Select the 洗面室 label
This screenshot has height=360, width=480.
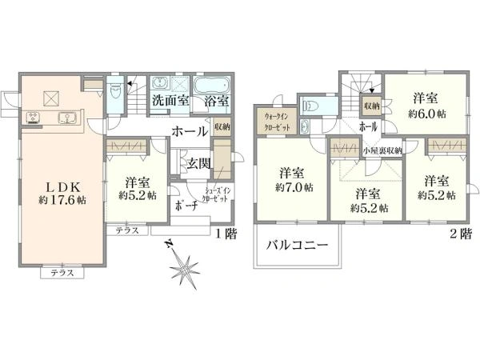(170, 102)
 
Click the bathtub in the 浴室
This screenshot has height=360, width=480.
(212, 84)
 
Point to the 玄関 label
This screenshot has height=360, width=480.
(199, 163)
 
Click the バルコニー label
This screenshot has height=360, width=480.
(298, 246)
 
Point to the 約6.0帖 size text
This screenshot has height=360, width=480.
(425, 114)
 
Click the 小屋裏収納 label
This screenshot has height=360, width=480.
(382, 150)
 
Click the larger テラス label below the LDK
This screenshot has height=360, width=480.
(62, 273)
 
